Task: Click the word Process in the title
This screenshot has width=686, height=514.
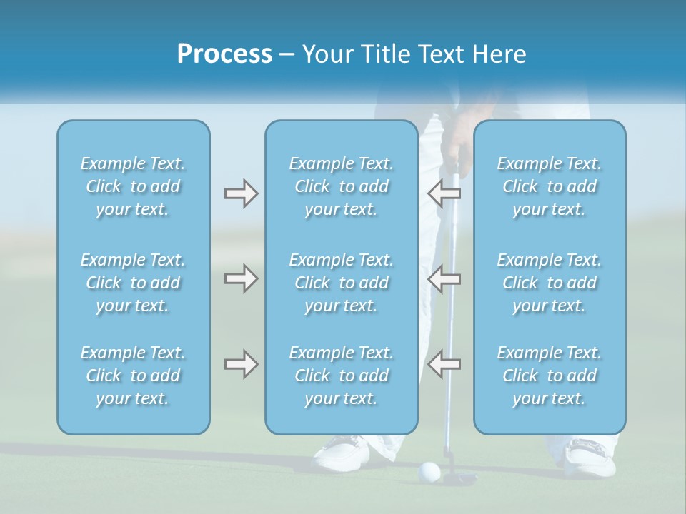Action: pos(224,54)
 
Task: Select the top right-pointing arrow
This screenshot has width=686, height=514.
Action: pos(241,193)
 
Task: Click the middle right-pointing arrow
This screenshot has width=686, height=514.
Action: pos(241,278)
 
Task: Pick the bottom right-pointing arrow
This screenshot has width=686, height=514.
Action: pos(241,364)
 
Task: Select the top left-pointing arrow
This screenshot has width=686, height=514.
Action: pos(444,193)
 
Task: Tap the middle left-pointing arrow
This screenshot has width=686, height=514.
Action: pos(444,278)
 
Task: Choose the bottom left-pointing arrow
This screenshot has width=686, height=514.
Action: pos(444,364)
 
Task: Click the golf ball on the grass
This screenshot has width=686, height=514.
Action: pos(429,470)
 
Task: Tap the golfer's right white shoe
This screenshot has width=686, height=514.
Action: pos(590,457)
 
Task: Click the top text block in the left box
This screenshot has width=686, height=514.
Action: pos(133,186)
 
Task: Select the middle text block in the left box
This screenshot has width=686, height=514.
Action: pos(133,283)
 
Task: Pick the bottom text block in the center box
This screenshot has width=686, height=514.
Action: pos(342,376)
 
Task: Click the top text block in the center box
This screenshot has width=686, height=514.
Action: pos(342,186)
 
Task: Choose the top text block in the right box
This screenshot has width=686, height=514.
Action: pos(550,186)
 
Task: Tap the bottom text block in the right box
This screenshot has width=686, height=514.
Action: pos(550,376)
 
